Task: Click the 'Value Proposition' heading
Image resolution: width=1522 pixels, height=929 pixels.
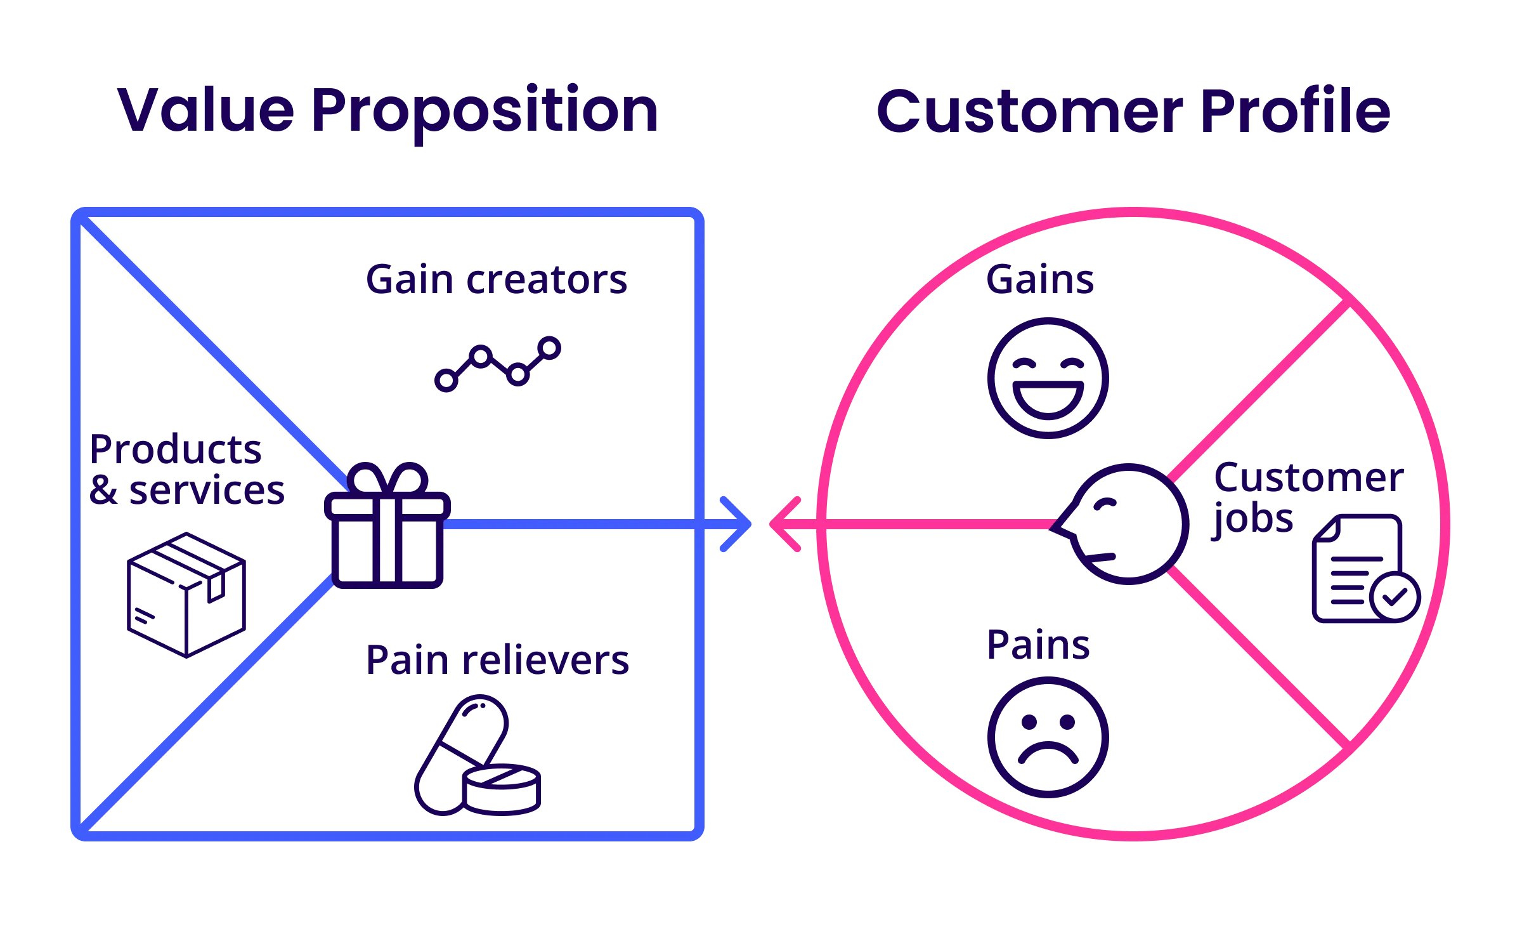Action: click(388, 112)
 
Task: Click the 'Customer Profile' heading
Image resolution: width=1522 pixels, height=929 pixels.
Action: click(1133, 112)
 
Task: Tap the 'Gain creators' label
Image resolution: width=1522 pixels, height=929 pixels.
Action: click(497, 280)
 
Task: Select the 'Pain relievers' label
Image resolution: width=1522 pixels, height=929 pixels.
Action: click(498, 661)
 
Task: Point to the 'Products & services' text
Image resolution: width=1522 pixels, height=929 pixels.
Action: click(186, 470)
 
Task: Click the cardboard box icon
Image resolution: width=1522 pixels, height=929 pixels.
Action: click(186, 595)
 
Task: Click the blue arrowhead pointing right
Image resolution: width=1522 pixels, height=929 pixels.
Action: click(737, 524)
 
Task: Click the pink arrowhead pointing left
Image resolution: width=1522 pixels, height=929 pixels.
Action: click(785, 524)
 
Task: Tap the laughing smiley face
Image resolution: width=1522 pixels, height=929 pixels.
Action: click(1048, 378)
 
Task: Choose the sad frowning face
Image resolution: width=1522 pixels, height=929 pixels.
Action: click(1048, 737)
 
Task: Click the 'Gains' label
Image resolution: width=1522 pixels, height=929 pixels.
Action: click(1040, 280)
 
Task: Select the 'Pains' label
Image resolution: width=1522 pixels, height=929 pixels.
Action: click(1038, 645)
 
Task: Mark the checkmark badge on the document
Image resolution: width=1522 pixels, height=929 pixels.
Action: click(1395, 596)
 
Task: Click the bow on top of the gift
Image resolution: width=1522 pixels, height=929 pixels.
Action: click(387, 479)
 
